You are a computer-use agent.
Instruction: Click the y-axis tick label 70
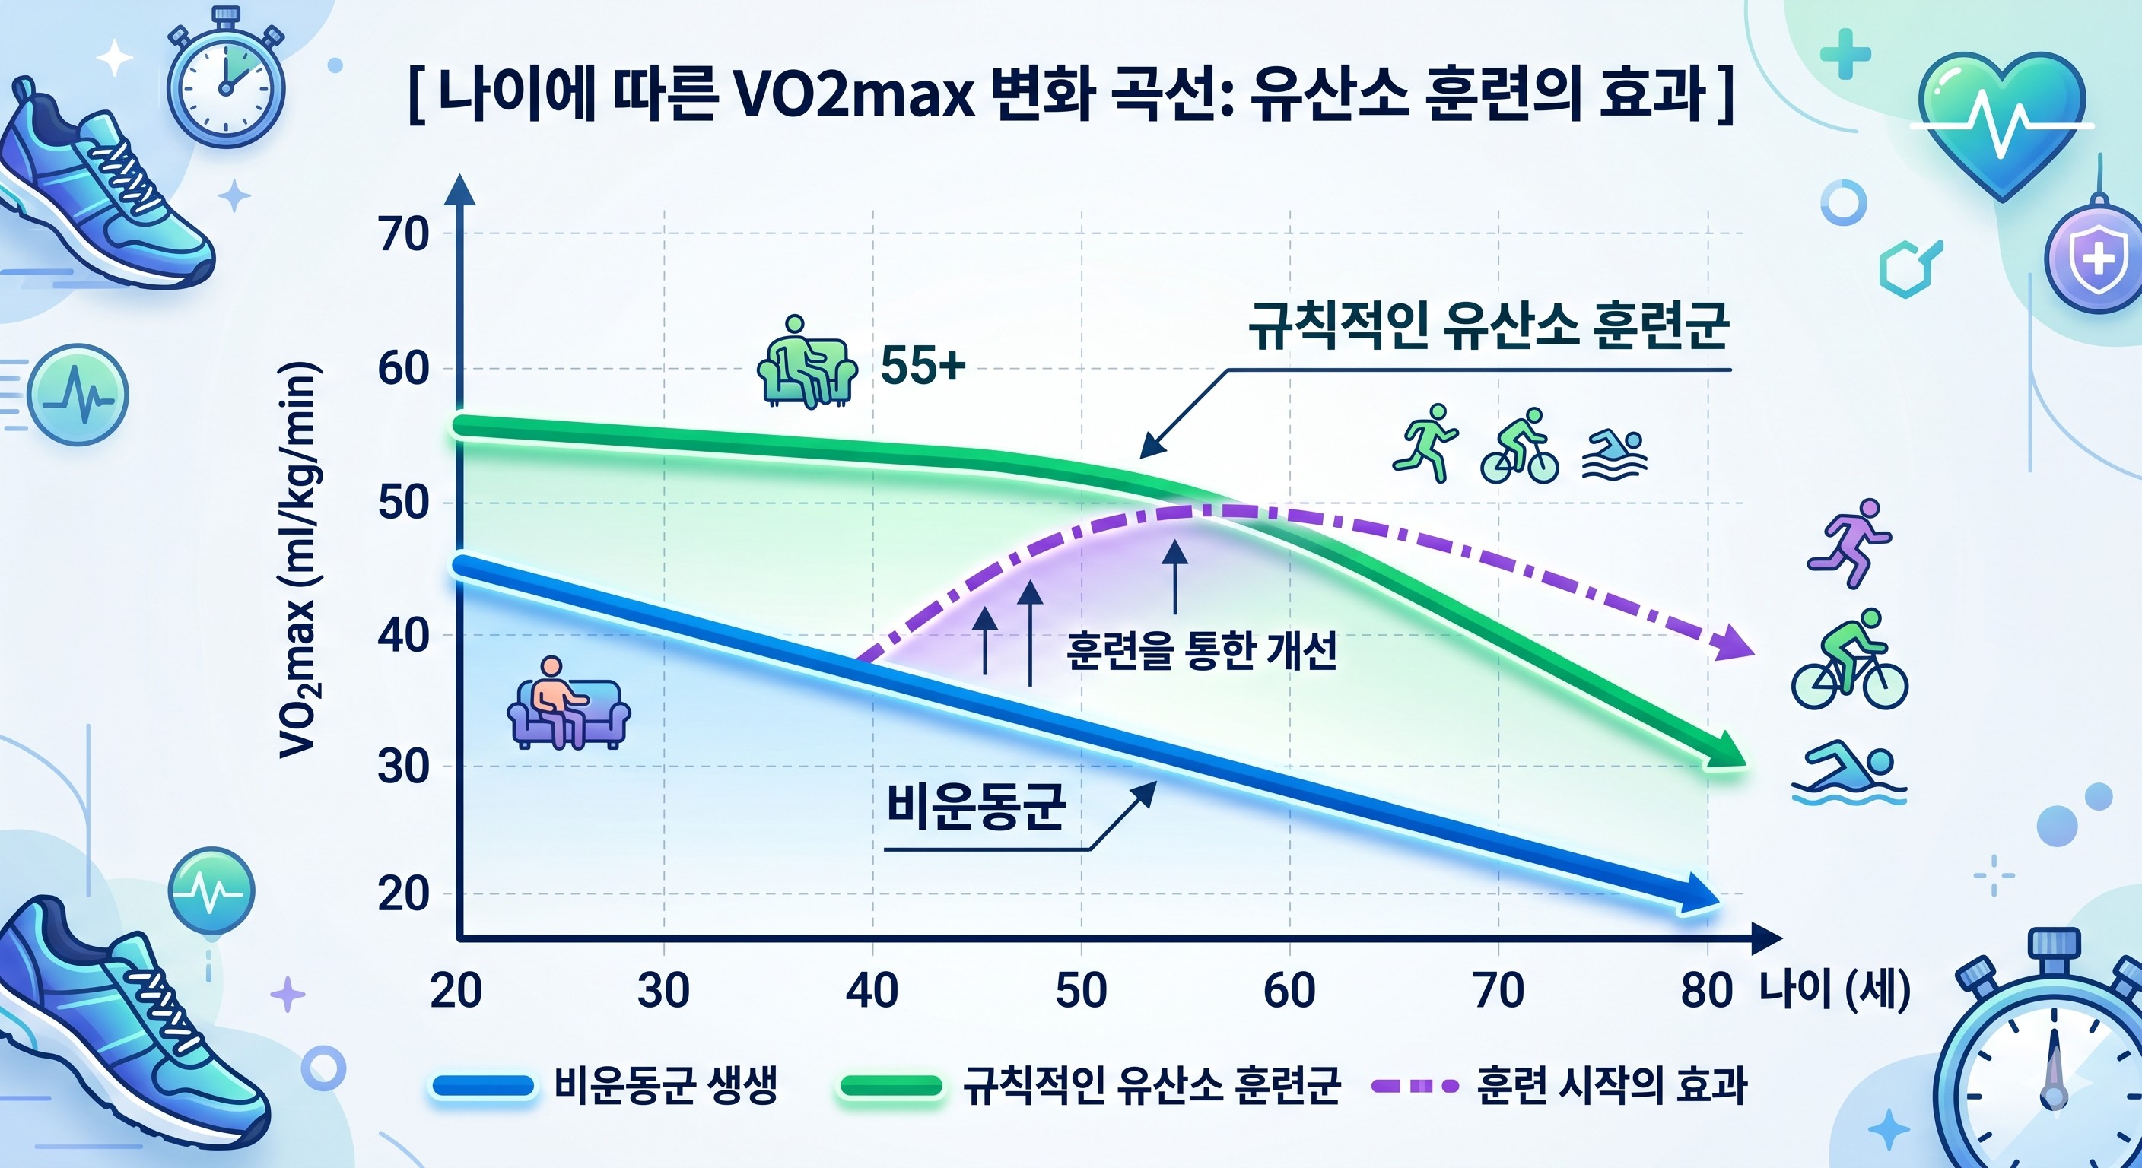click(x=404, y=234)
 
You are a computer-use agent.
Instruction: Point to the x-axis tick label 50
click(x=1080, y=990)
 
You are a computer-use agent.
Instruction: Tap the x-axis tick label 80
click(x=1706, y=990)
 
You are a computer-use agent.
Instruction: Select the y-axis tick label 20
click(x=404, y=894)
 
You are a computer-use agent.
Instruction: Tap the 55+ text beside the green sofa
click(x=923, y=366)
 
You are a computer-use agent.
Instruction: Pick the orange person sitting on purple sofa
click(x=568, y=703)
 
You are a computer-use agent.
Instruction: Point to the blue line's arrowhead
click(x=1696, y=897)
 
